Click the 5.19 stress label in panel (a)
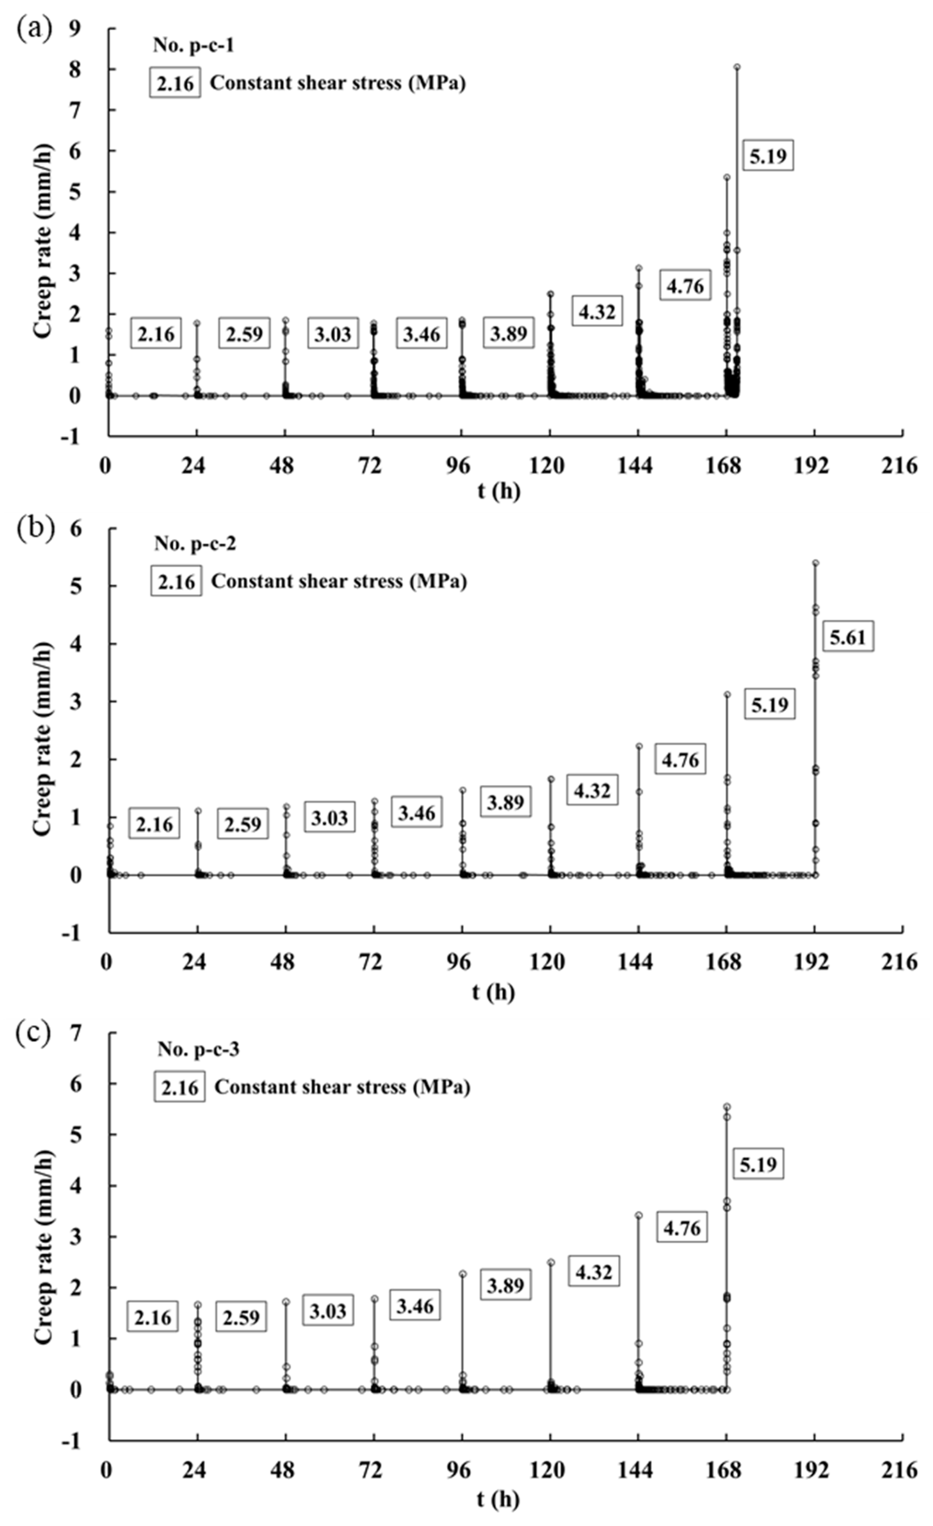click(768, 156)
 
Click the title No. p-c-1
click(194, 45)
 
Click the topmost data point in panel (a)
click(737, 67)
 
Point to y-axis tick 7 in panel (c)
click(93, 1033)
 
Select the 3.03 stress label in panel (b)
click(329, 818)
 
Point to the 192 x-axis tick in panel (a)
click(812, 466)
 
